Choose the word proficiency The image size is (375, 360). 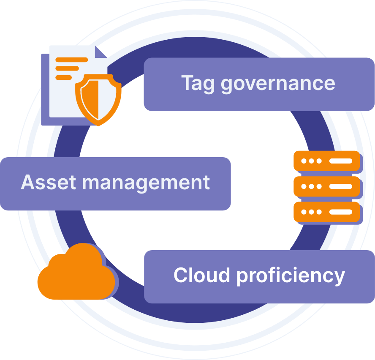point(291,276)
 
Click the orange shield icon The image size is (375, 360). point(98,99)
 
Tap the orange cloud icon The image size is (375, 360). point(76,274)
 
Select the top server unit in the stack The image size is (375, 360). point(326,161)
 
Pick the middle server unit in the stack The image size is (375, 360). point(326,186)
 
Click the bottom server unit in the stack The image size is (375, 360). point(326,212)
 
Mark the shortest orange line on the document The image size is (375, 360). point(64,77)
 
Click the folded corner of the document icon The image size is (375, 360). point(101,52)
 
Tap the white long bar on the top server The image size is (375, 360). point(340,161)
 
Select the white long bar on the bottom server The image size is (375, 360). point(340,212)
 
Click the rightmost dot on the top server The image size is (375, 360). point(319,161)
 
